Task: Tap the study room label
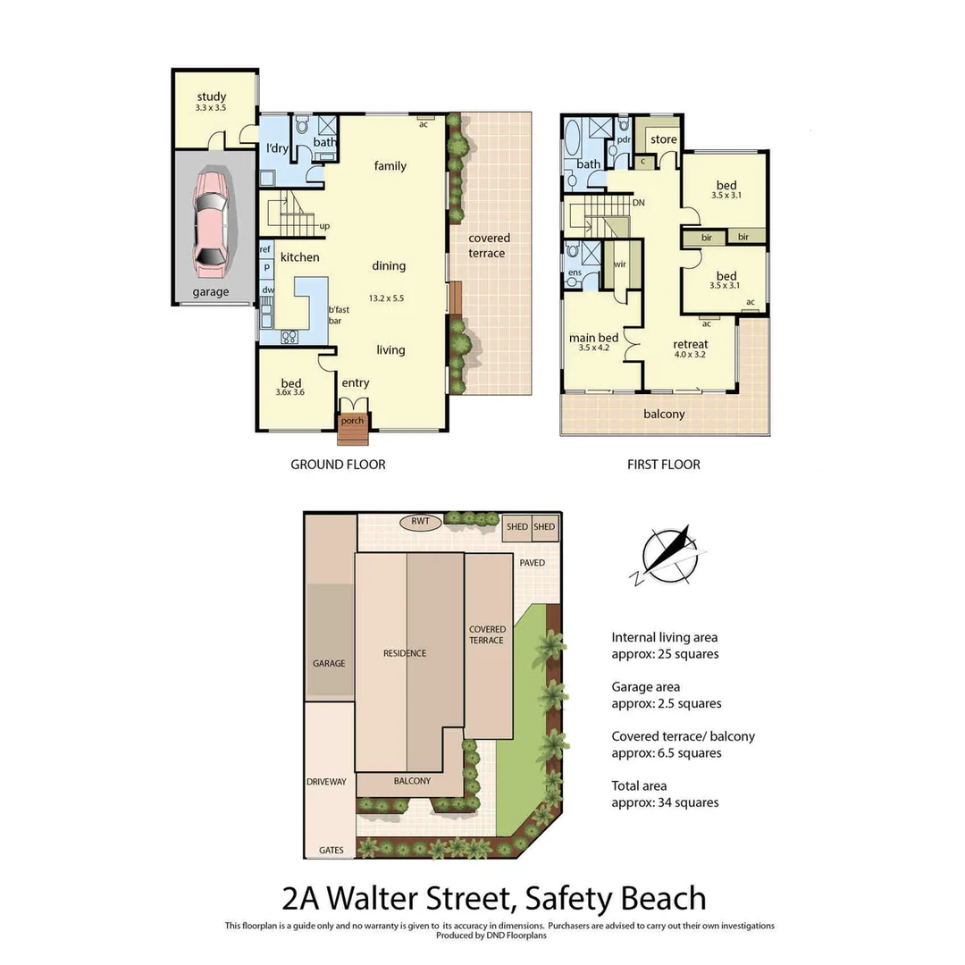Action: click(x=212, y=96)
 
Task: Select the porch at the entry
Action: click(x=353, y=422)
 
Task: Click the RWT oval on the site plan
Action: click(x=421, y=521)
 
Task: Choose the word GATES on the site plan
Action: click(x=331, y=851)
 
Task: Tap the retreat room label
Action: click(x=690, y=344)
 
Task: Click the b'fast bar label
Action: click(x=338, y=315)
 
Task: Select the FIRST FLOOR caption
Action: click(x=664, y=465)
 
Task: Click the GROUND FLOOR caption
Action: click(x=338, y=465)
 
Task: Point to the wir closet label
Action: click(x=619, y=264)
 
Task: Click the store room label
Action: click(x=664, y=139)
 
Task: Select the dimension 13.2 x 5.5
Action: click(x=387, y=298)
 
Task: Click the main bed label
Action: click(x=593, y=338)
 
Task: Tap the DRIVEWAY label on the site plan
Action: click(x=326, y=782)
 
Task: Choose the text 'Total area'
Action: click(x=641, y=786)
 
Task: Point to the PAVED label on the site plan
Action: click(x=533, y=563)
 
